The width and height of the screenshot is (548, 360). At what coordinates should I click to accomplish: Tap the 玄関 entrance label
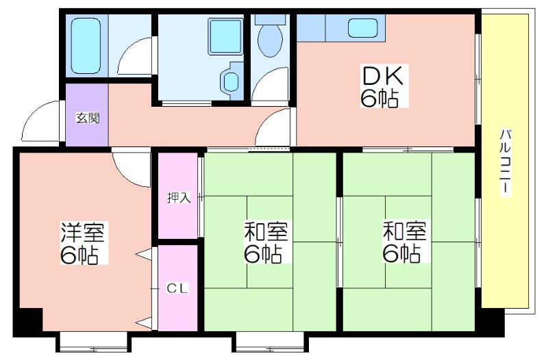coord(88,118)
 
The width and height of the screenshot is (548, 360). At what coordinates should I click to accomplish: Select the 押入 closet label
coord(179,198)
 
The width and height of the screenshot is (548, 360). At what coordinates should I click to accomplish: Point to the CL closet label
coord(177,288)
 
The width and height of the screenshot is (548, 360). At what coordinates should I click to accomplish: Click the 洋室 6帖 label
coord(82,243)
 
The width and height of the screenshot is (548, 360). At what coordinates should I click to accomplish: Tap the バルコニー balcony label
coord(505,163)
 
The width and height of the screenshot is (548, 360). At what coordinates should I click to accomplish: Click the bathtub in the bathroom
coord(86,46)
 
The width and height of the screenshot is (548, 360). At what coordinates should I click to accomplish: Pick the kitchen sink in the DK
coord(363,27)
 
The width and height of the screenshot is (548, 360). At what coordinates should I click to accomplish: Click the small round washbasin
coord(230,81)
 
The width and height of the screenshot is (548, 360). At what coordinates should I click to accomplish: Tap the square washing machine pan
coord(225,36)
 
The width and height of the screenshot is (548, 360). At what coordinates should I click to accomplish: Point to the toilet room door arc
coord(269,85)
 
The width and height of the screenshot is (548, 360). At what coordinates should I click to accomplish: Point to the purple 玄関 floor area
coord(87,114)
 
